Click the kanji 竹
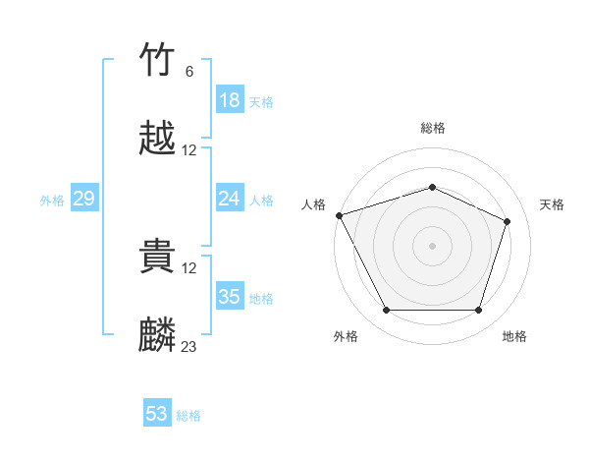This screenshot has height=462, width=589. pos(158,61)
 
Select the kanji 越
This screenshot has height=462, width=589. pos(158,140)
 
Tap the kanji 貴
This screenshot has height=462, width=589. pos(158,258)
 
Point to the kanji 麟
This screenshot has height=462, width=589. pos(158,336)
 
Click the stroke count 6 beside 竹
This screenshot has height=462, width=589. pos(188,72)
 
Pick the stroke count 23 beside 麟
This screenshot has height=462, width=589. pos(188,347)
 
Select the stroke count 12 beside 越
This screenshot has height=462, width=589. pos(188,150)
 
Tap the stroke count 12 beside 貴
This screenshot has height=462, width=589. pos(188,268)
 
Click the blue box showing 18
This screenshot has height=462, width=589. pos(230,100)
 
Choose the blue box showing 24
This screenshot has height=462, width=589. pos(230,199)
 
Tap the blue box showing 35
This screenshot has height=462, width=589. pos(230,297)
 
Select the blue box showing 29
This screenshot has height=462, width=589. pos(84,199)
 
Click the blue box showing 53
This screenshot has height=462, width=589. pos(157,414)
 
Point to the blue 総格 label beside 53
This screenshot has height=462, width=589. pos(188,416)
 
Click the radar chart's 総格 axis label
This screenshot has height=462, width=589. pos(433,128)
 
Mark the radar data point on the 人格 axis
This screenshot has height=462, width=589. pos(339,215)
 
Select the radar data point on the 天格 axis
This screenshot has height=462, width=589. pos(508,221)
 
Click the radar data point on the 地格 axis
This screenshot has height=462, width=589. pos(478,311)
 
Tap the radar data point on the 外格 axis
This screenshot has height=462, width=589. pos(386,311)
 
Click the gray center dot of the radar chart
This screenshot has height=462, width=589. pos(433,245)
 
